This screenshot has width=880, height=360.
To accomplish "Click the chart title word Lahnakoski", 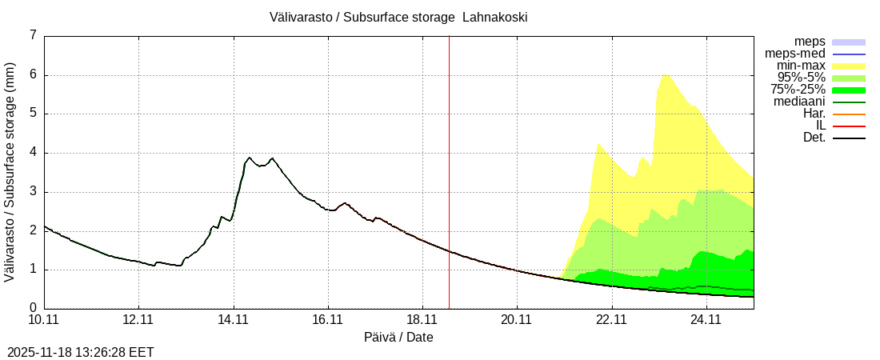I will point(494,17).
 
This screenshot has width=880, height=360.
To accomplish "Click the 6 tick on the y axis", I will point(33,74).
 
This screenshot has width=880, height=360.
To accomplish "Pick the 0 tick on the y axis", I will point(33,308).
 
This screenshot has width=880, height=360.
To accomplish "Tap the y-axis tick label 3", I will point(33,191).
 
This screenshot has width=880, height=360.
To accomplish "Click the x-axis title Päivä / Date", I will point(398,338).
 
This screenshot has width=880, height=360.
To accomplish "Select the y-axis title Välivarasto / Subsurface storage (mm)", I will point(10,172).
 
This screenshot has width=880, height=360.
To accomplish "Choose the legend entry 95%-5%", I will point(801,78).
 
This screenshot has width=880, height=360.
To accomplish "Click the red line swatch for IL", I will point(849,126).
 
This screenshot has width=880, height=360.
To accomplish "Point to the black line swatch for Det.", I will point(849,138).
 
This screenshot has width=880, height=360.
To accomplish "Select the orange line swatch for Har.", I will point(849,114).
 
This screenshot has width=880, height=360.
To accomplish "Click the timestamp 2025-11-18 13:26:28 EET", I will point(81,352).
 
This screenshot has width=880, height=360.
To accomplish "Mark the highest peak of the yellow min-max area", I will point(665,75).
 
